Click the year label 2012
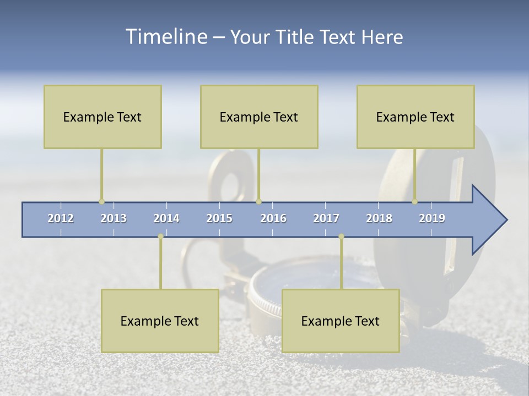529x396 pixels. [61, 218]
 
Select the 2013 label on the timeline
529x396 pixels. [114, 218]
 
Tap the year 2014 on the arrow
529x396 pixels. [166, 218]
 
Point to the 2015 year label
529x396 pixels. [219, 218]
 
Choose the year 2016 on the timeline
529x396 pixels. [273, 218]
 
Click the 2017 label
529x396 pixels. [326, 218]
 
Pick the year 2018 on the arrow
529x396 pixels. [379, 218]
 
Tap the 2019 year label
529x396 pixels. [432, 218]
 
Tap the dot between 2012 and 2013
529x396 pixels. [101, 202]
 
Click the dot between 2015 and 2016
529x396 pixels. [258, 202]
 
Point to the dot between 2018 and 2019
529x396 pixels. [415, 202]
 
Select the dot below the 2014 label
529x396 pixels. [160, 237]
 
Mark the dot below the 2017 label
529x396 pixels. [341, 237]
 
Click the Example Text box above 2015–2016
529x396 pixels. [259, 117]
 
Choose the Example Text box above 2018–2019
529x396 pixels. [415, 117]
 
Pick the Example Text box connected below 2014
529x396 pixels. [160, 321]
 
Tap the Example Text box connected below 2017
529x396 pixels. [341, 321]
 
